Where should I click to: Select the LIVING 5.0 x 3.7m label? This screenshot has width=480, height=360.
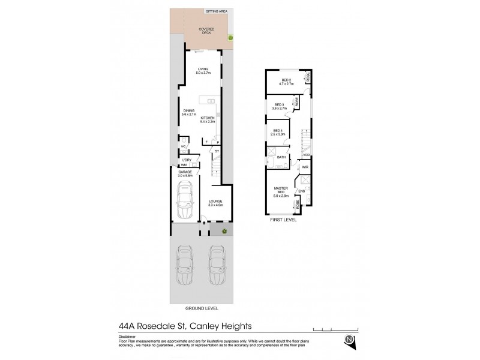click(203, 71)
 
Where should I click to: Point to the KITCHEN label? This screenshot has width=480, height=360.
click(208, 119)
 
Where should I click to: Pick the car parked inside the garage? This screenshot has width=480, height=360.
click(185, 201)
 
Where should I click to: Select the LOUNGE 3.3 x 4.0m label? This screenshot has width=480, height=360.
click(215, 203)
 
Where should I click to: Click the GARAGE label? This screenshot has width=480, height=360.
click(184, 173)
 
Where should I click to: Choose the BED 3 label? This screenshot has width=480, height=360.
click(278, 106)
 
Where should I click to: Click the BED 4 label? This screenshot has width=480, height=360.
click(277, 132)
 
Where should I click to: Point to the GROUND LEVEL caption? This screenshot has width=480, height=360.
click(202, 308)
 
